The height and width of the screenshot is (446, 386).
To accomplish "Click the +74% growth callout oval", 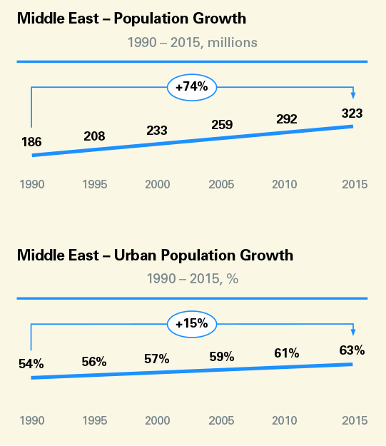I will click(191, 87).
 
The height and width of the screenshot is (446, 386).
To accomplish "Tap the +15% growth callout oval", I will click(191, 323).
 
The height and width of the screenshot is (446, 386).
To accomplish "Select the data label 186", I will click(31, 141).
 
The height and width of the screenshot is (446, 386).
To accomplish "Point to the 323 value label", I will click(352, 113).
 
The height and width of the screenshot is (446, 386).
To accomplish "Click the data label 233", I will click(157, 131).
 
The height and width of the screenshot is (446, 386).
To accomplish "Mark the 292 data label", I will click(287, 119).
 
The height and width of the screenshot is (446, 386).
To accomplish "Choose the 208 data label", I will click(94, 136).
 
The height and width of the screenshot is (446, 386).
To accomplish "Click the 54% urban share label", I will click(31, 364).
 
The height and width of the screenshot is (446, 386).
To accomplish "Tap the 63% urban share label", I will click(352, 350).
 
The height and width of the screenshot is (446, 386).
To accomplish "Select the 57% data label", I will click(157, 359).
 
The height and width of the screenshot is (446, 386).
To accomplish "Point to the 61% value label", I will click(287, 353).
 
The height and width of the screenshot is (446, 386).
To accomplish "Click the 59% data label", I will click(222, 356).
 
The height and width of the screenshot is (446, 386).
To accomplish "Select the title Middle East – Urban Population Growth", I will click(155, 255).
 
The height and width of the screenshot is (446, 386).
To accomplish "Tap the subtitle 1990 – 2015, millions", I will click(192, 43).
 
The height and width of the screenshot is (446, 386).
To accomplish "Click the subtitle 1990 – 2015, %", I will click(192, 279).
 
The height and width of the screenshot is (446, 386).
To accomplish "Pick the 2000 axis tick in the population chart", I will click(157, 185).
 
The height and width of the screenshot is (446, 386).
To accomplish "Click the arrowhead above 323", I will click(352, 96).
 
